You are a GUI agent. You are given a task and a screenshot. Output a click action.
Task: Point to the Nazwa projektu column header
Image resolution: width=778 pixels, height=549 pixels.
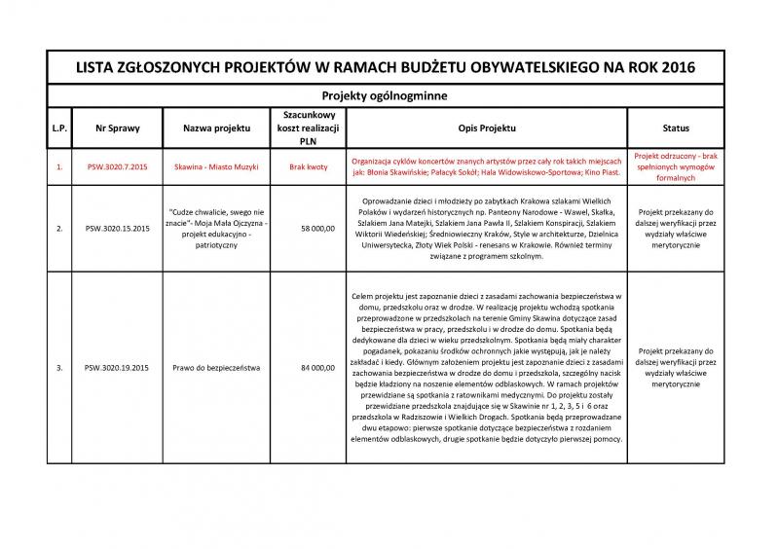(217, 128)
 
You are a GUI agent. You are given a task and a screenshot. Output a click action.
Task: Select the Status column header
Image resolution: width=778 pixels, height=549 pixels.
(676, 128)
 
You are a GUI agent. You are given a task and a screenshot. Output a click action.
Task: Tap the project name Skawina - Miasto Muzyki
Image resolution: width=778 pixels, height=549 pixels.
(217, 167)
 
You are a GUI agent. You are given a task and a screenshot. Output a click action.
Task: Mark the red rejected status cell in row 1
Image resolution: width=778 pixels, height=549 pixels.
(676, 167)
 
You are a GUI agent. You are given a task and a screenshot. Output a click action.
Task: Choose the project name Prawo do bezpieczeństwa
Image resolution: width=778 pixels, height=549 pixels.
(217, 368)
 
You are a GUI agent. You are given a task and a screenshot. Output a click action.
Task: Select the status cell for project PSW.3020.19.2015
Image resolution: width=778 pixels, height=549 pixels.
(676, 368)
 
